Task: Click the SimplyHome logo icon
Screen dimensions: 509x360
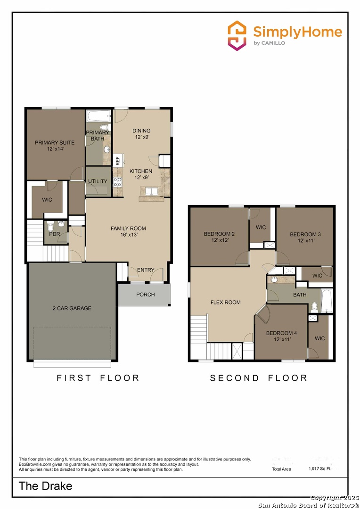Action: tap(237, 35)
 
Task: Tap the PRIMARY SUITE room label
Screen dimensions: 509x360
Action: tap(55, 142)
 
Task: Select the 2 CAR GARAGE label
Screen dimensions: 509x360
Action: tap(72, 308)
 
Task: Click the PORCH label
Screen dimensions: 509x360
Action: tap(146, 295)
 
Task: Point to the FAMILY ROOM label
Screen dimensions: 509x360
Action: tap(128, 229)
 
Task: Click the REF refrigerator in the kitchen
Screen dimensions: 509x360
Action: tap(118, 160)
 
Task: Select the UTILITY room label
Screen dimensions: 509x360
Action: tap(98, 181)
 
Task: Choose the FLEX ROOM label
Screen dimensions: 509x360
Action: tap(225, 303)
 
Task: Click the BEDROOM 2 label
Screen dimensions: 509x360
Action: tap(219, 234)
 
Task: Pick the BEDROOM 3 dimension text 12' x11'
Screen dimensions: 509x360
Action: tap(306, 241)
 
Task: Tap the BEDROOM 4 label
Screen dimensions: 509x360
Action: tap(281, 333)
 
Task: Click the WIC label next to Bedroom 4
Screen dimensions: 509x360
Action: tap(319, 338)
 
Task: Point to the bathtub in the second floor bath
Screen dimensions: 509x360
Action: tap(327, 300)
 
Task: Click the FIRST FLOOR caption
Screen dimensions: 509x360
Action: tap(98, 378)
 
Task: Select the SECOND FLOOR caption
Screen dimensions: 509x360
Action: tap(259, 378)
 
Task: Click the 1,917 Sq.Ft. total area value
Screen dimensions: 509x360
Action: tap(320, 469)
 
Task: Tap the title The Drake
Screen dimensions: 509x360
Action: tap(46, 486)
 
